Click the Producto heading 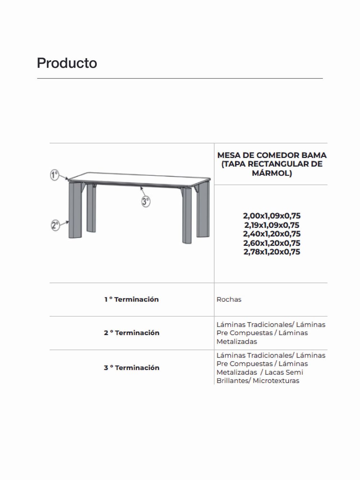(67, 63)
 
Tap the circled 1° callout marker (54, 175)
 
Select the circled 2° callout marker (55, 226)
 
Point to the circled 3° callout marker (145, 201)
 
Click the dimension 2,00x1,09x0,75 (272, 216)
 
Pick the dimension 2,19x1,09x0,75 (272, 225)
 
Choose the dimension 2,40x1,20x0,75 (272, 234)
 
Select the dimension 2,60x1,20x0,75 (272, 243)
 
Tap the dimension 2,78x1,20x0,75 (272, 252)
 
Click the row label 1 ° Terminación (131, 299)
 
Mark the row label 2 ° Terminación (131, 333)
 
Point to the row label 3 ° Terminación (131, 368)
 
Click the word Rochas (229, 299)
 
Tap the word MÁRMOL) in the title (272, 173)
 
